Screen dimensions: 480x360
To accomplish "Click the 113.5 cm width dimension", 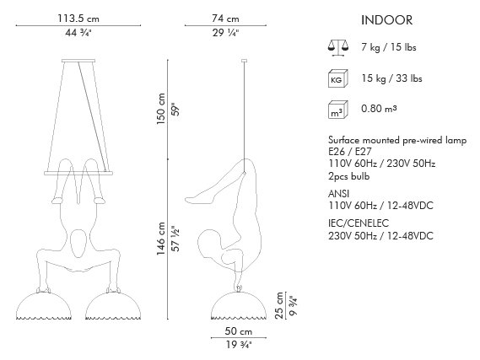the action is click(78, 19).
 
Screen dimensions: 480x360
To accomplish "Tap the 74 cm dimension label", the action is click(225, 19).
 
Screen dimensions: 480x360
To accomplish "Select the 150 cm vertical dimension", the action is click(161, 109).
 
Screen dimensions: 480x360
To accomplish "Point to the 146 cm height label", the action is click(161, 239).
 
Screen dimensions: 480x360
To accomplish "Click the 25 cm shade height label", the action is click(279, 305).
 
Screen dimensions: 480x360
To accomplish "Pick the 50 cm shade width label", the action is click(239, 331).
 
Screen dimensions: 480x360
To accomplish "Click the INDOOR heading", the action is click(386, 20).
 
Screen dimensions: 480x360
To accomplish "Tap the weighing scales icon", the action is click(338, 47).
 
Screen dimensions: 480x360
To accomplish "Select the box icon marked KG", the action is click(338, 78).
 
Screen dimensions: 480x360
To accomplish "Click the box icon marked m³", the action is click(338, 110).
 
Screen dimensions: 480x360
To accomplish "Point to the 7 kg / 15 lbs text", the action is click(389, 47).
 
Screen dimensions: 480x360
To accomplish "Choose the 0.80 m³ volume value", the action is click(380, 109).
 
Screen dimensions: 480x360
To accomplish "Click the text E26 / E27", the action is click(350, 152).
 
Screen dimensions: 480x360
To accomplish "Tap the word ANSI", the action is click(338, 194).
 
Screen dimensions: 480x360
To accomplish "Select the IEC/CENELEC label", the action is click(359, 223).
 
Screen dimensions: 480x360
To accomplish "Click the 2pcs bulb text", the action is click(349, 176).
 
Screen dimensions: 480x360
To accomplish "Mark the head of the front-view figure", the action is click(78, 243).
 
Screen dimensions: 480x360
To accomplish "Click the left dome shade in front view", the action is click(44, 305).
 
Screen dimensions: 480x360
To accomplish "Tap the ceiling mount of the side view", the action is click(245, 61).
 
